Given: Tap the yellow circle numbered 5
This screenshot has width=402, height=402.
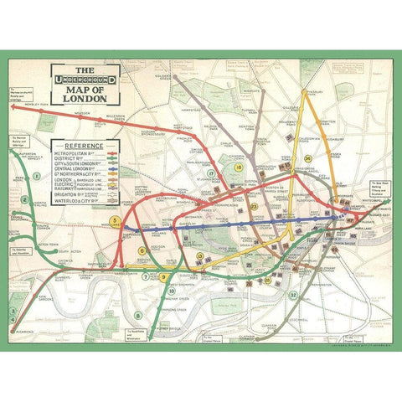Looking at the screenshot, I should point(115,222).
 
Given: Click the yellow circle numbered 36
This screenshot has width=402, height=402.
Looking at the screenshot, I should point(307,158).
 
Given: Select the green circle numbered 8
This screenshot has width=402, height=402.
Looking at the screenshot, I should point(138,316).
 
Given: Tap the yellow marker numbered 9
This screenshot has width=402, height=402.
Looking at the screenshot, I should point(163,276).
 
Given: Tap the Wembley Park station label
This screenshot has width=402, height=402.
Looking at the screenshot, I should point(37,105).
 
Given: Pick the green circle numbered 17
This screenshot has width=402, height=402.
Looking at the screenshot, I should point(211,173).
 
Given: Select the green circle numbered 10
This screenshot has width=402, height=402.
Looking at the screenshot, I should point(173,291).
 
